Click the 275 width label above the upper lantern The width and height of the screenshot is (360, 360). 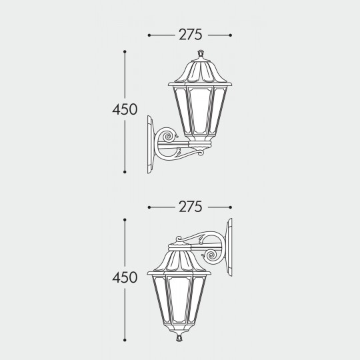click(191, 35)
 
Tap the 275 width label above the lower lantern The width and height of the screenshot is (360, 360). click(191, 207)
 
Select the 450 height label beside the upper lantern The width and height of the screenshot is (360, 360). click(125, 109)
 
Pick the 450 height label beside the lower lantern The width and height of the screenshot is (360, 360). click(125, 277)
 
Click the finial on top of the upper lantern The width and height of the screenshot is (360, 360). click(201, 53)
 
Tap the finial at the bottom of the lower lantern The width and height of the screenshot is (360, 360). click(179, 338)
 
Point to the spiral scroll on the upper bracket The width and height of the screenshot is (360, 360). click(168, 136)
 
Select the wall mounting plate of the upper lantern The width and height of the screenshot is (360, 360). click(151, 145)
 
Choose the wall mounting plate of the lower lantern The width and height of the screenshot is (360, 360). click(229, 247)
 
